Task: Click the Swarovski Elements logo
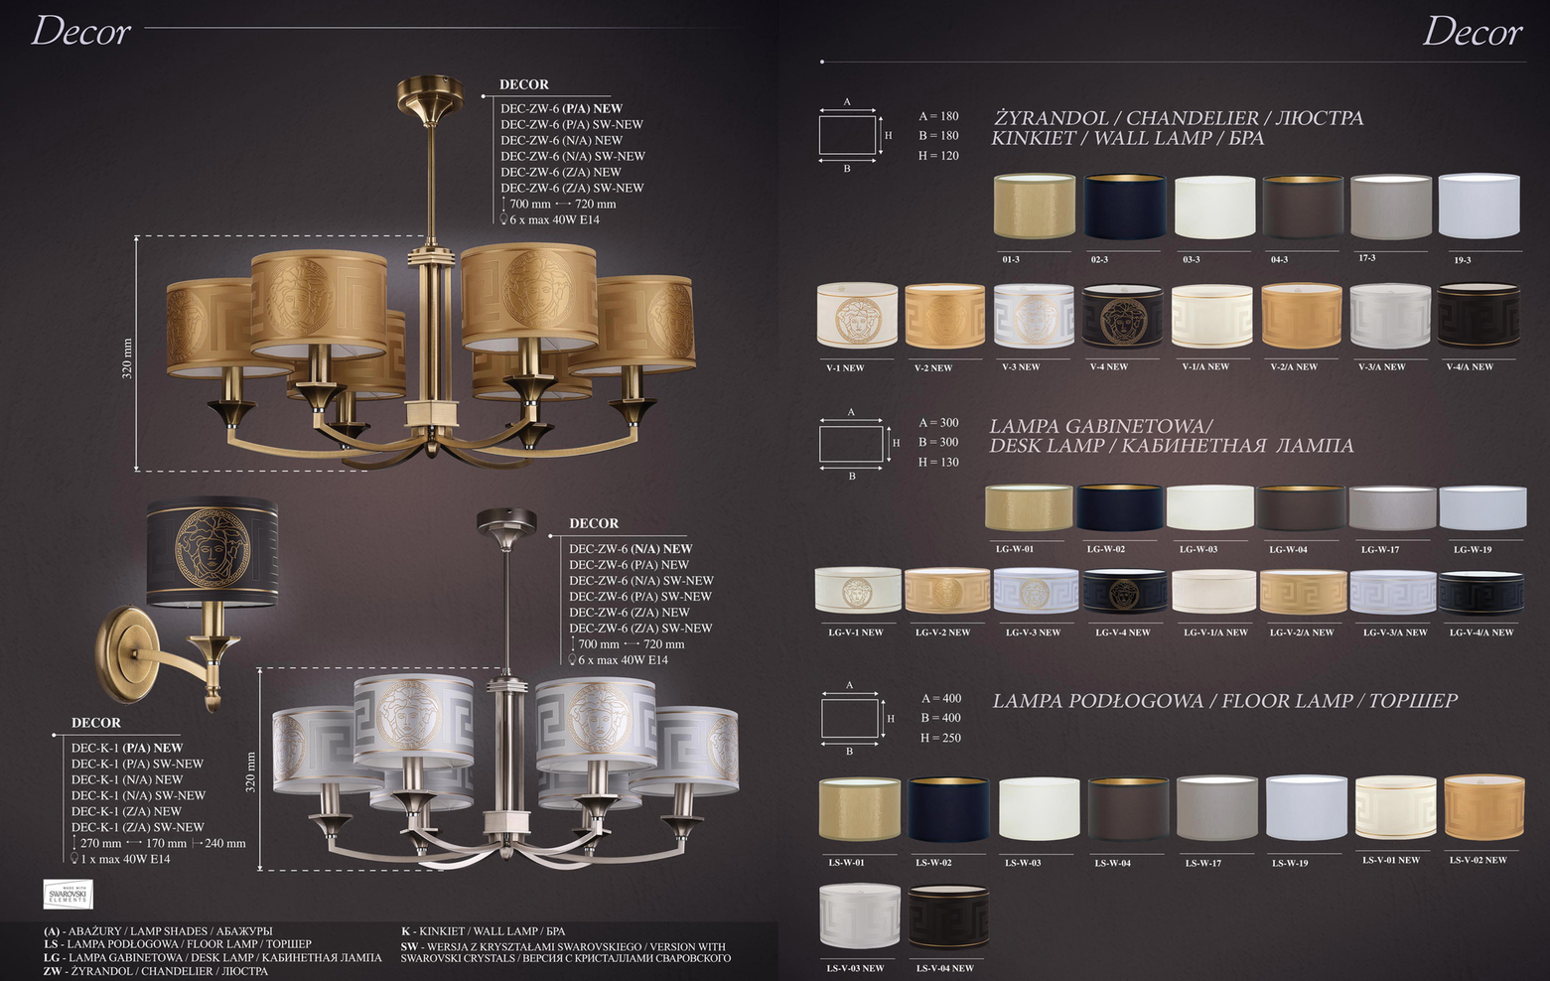pyautogui.click(x=68, y=894)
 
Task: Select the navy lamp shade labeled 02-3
pyautogui.click(x=1124, y=207)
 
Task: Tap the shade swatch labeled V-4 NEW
pyautogui.click(x=1123, y=316)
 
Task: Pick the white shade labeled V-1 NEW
pyautogui.click(x=857, y=316)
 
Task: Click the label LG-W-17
pyautogui.click(x=1380, y=550)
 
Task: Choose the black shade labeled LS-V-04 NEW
pyautogui.click(x=948, y=916)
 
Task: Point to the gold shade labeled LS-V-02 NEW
pyautogui.click(x=1484, y=807)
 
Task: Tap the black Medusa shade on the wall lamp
pyautogui.click(x=211, y=551)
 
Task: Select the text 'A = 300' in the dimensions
pyautogui.click(x=938, y=423)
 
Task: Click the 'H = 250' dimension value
pyautogui.click(x=940, y=738)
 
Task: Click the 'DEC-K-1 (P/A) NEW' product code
pyautogui.click(x=127, y=748)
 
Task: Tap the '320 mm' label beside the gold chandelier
pyautogui.click(x=127, y=359)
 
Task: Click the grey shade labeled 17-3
pyautogui.click(x=1391, y=207)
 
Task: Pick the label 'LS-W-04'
pyautogui.click(x=1113, y=864)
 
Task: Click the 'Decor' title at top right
pyautogui.click(x=1472, y=33)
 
